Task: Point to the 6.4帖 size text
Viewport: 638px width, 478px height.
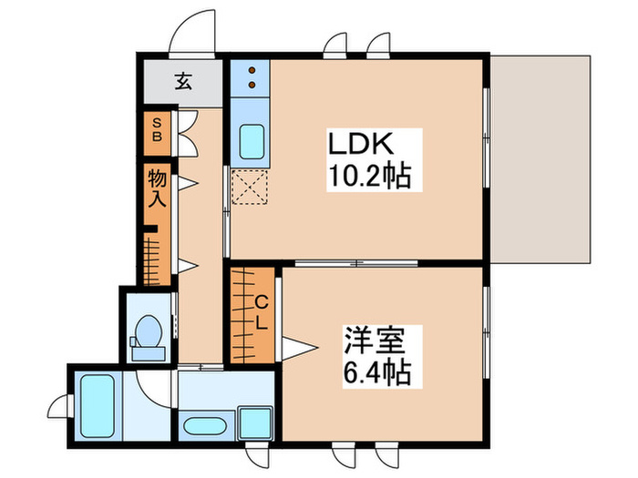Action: click(x=376, y=371)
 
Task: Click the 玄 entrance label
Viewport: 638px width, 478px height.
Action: click(x=183, y=83)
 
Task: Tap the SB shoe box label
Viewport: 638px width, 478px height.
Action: click(x=156, y=130)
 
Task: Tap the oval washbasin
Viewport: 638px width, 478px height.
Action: click(x=205, y=425)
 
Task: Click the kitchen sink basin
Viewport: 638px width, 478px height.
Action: click(x=251, y=141)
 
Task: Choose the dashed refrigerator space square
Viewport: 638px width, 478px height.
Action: click(x=249, y=188)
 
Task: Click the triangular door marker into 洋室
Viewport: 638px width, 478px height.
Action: click(x=297, y=346)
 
